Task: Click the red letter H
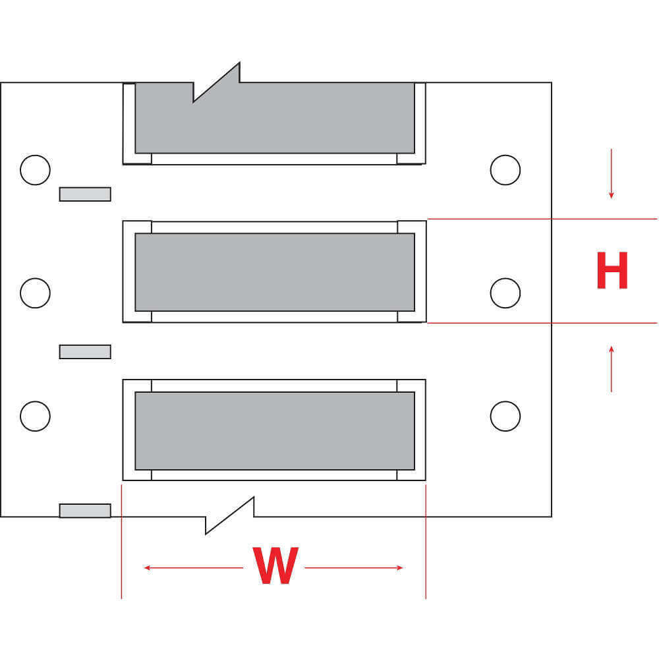pos(612,271)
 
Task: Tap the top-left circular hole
pos(35,170)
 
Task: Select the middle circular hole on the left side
pos(35,293)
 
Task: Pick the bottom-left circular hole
pos(35,416)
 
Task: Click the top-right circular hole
pos(505,170)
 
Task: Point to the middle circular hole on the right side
pos(505,293)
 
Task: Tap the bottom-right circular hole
pos(505,416)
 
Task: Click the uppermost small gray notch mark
pos(85,194)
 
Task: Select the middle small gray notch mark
pos(85,352)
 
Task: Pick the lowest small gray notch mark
pos(85,511)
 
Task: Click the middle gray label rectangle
pos(275,272)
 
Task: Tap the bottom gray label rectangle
pos(275,430)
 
